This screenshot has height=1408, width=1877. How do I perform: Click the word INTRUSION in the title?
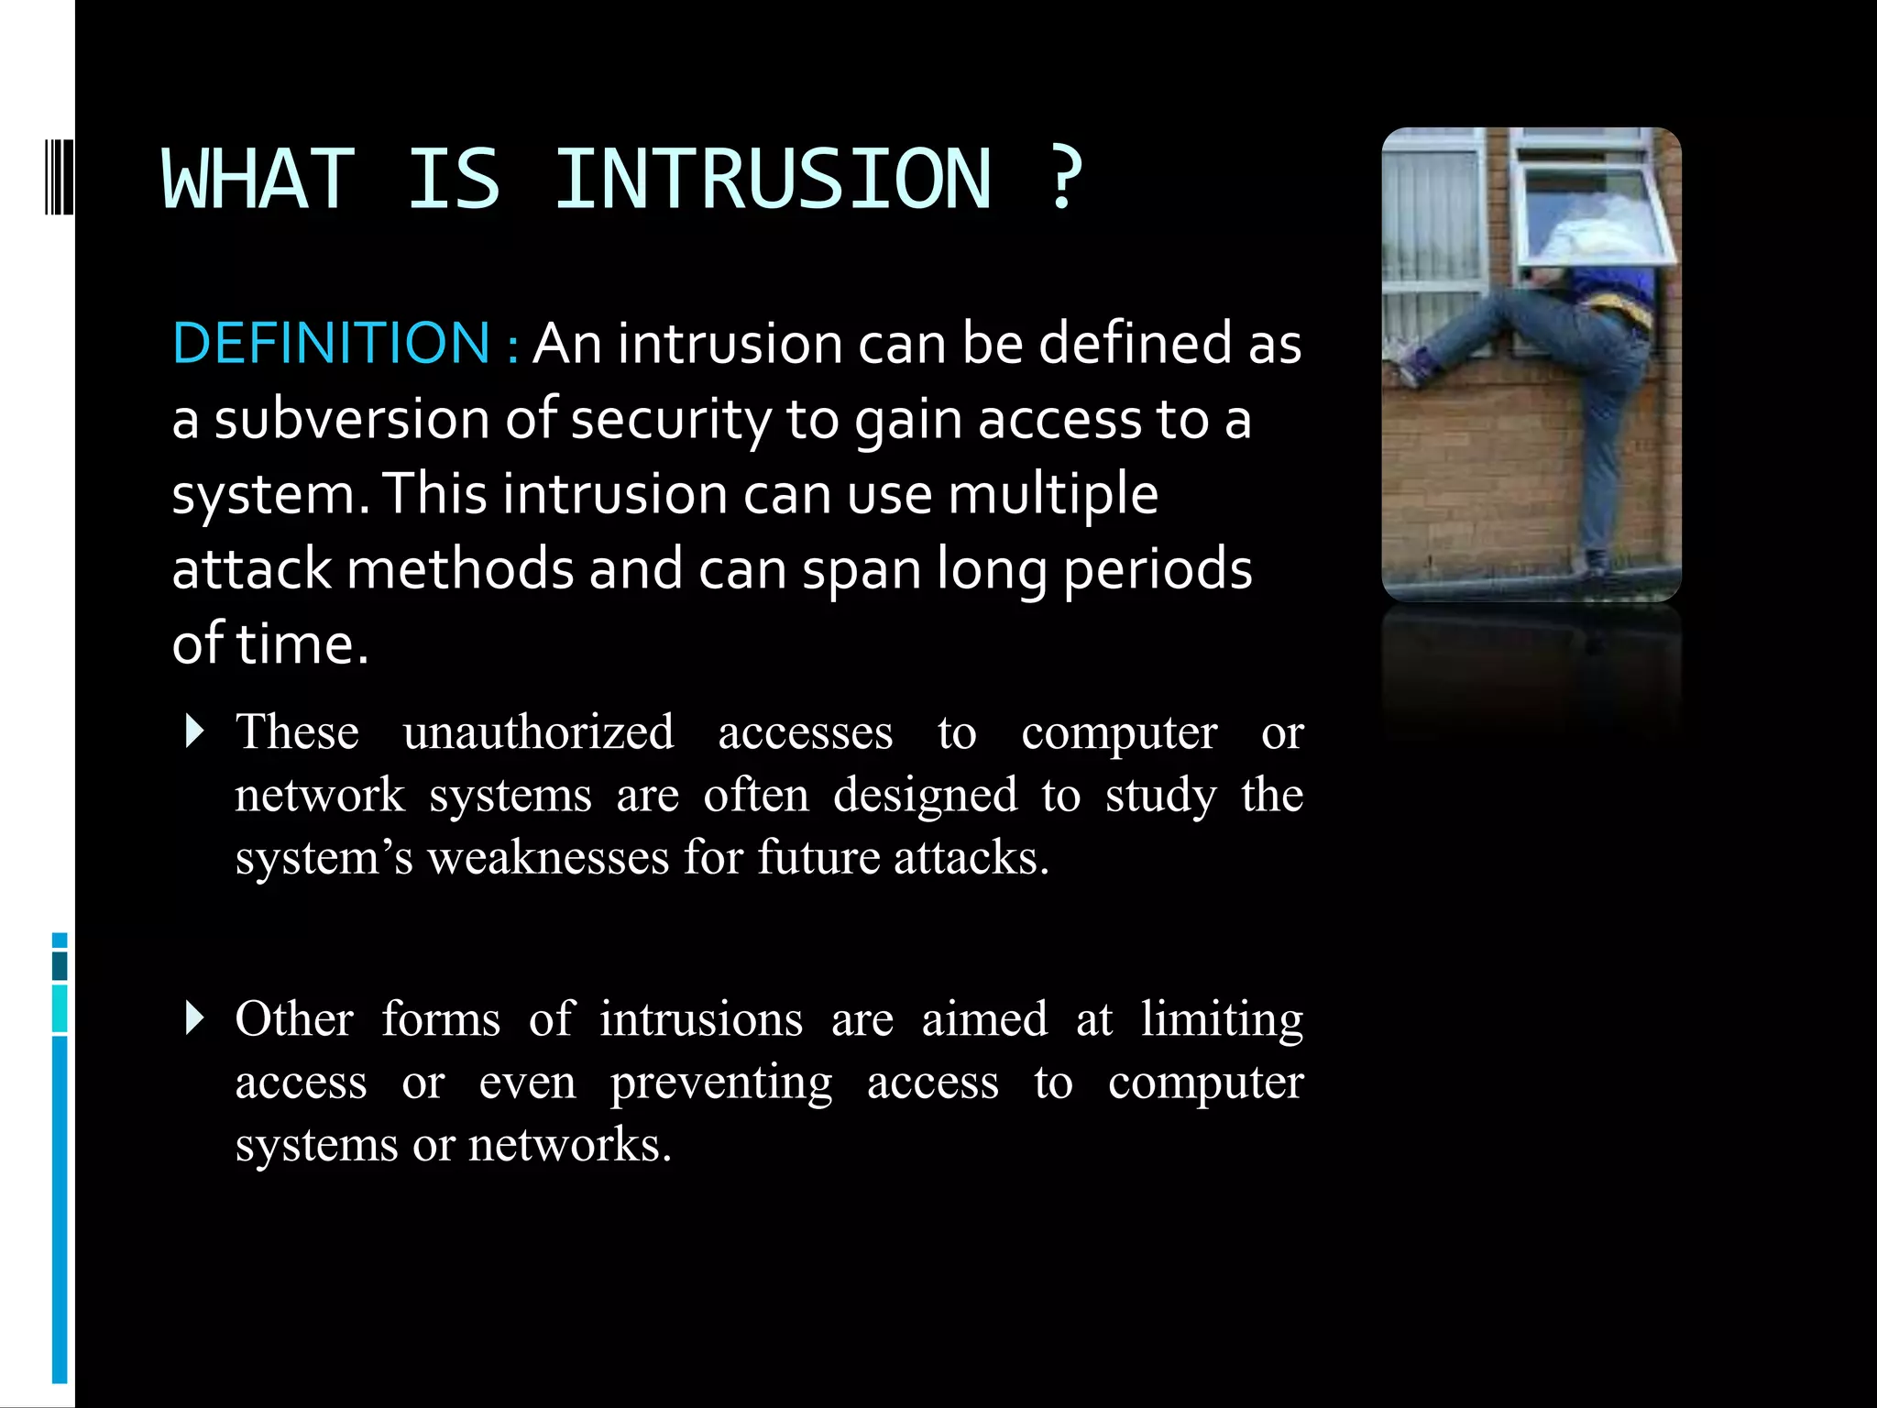click(773, 179)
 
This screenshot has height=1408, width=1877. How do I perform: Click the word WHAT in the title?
click(258, 179)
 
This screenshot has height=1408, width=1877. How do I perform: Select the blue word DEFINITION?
click(332, 343)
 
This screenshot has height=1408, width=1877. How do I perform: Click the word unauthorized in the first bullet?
click(538, 732)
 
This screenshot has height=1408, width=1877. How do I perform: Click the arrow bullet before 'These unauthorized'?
click(193, 731)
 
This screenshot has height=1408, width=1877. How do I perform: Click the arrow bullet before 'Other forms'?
click(193, 1018)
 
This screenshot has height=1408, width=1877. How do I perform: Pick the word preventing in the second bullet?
click(721, 1083)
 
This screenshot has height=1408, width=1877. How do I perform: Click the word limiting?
click(1221, 1019)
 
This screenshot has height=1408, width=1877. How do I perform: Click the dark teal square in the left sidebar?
click(60, 965)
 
